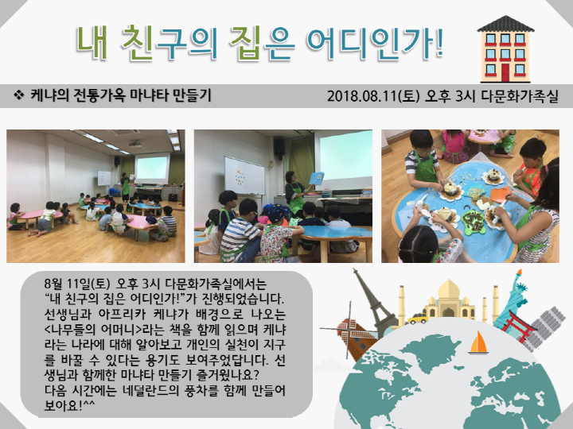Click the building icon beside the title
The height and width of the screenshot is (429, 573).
505,49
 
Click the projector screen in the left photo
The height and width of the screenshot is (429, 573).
151,168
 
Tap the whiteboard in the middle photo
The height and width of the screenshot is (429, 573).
243,175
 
